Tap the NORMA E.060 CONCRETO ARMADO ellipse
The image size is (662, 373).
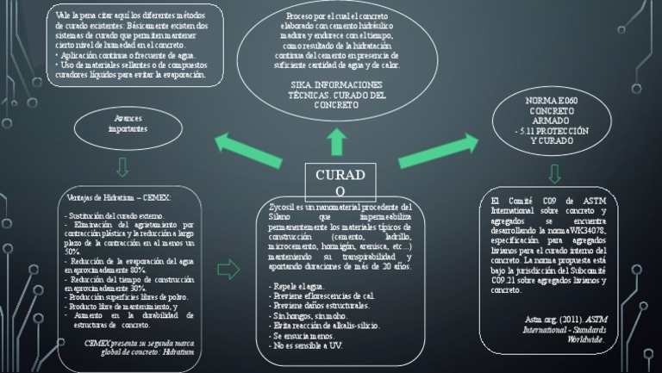(552, 121)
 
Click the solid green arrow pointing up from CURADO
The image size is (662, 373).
(336, 142)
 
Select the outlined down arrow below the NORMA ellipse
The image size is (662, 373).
(554, 173)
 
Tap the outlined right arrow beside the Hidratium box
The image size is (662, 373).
(229, 270)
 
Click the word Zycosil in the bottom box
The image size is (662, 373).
(281, 208)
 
